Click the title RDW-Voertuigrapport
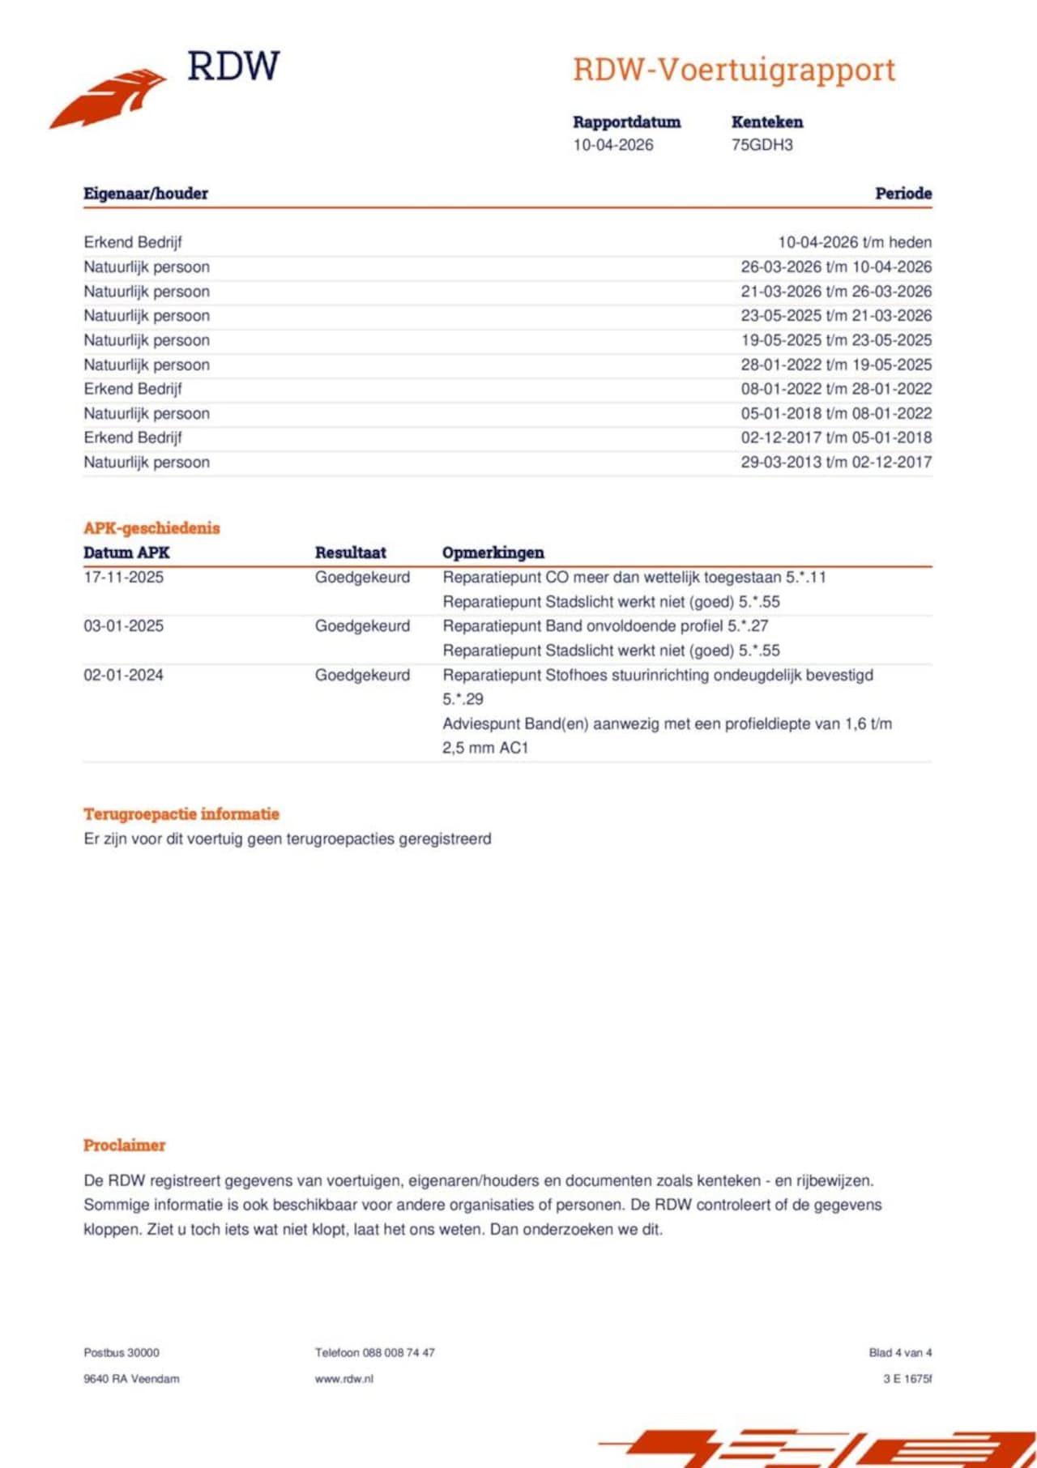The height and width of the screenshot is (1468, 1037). point(734,70)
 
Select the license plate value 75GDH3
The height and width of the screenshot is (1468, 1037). point(762,145)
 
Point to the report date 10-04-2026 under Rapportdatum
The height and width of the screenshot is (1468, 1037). point(612,145)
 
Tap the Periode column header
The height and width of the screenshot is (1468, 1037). point(903,194)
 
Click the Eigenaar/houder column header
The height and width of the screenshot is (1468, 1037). point(146,194)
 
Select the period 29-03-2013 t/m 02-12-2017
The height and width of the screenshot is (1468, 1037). point(835,462)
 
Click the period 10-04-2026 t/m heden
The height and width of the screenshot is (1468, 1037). point(854,242)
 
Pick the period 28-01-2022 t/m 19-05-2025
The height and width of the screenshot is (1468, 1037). point(835,365)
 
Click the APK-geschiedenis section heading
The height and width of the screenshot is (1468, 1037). point(151,528)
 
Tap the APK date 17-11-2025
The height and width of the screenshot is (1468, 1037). point(123,578)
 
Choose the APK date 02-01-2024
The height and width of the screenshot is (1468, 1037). point(123,675)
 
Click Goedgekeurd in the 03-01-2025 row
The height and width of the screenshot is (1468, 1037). point(362,626)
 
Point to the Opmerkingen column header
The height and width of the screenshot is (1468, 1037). point(493,553)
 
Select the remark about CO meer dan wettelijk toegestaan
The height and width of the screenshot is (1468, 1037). point(634,578)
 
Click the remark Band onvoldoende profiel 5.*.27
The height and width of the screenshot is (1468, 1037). point(604,626)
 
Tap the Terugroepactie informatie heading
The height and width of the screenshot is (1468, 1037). point(181,814)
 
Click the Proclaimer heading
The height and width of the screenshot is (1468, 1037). point(124,1146)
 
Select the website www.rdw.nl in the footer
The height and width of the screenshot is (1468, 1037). point(344,1379)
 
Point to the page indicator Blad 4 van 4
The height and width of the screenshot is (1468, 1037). point(899,1353)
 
